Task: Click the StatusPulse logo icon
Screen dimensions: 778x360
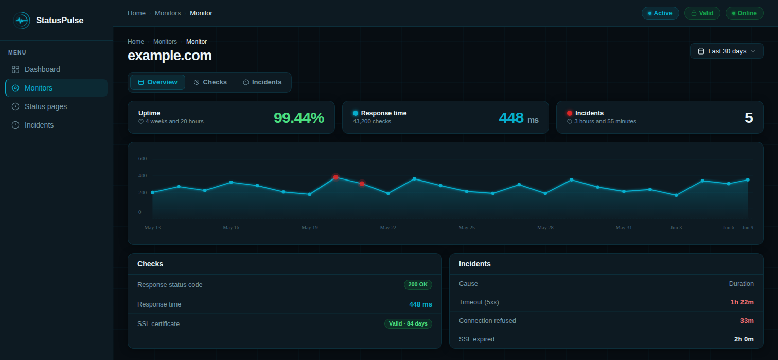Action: (22, 21)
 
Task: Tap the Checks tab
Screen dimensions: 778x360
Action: (210, 82)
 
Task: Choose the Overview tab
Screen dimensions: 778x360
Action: (157, 82)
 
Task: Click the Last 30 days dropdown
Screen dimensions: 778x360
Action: (727, 51)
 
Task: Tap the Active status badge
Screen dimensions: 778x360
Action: (660, 13)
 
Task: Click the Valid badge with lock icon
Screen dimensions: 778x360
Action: (702, 13)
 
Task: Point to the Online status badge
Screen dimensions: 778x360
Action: (745, 13)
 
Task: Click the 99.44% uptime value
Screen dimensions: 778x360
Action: (298, 118)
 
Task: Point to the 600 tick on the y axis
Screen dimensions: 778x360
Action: (143, 158)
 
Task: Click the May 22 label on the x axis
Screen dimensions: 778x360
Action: (388, 228)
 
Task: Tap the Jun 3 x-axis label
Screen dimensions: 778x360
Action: (676, 228)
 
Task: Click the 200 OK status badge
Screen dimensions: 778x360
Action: (418, 285)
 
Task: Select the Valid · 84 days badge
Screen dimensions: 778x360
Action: (408, 323)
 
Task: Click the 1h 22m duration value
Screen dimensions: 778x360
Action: (742, 302)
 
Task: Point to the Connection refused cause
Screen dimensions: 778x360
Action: (487, 321)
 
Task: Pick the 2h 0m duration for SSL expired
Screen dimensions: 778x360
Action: (744, 339)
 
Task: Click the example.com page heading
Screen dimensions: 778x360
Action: (169, 56)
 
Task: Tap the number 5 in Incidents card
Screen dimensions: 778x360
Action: (749, 118)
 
